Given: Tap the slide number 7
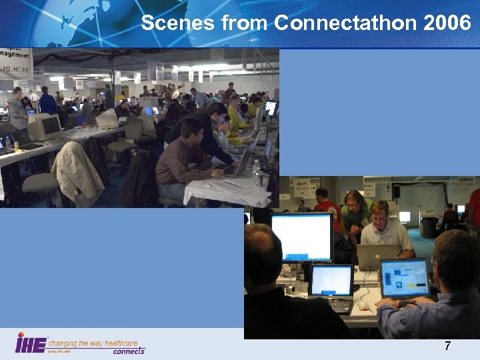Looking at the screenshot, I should (447, 346).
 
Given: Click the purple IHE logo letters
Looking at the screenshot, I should (31, 344).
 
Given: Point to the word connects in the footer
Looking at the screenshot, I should (128, 351).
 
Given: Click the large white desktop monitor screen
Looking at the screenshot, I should (302, 237).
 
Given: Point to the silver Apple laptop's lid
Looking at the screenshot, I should (377, 257).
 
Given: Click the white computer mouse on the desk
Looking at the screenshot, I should (363, 305).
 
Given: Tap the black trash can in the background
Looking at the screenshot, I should (429, 227).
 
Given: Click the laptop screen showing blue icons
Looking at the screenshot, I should (405, 278).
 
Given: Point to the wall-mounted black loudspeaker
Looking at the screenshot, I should (396, 191).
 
